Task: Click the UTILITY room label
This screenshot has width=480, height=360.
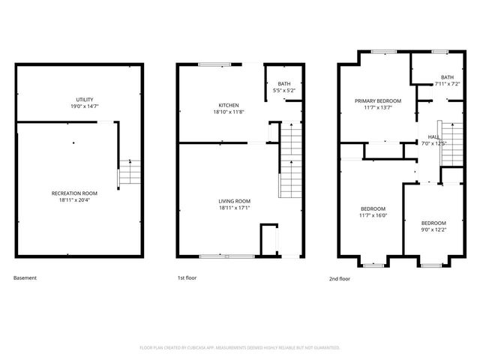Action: coord(84,100)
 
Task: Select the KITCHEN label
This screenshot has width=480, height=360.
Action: coord(229,105)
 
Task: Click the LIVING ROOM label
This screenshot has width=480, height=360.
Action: coord(234,201)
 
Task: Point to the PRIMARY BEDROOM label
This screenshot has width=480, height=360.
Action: coord(378,100)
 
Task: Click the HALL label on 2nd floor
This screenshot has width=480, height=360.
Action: coord(433,136)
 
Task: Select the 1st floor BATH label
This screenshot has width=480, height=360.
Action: coord(284,84)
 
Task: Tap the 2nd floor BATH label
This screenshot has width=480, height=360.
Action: coord(447,77)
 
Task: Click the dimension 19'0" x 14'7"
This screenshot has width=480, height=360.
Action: coord(84,106)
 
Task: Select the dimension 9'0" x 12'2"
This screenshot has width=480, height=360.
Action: coord(433,229)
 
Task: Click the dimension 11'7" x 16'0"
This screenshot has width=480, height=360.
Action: coord(373,215)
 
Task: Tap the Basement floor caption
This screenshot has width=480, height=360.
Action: coord(25,278)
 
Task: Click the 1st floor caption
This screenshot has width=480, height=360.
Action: coord(186,278)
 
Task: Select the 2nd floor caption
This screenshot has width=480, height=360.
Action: coord(339,278)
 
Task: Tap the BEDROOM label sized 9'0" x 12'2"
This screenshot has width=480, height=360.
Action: coord(433,223)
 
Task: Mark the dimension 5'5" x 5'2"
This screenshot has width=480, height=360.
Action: coord(284,91)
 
